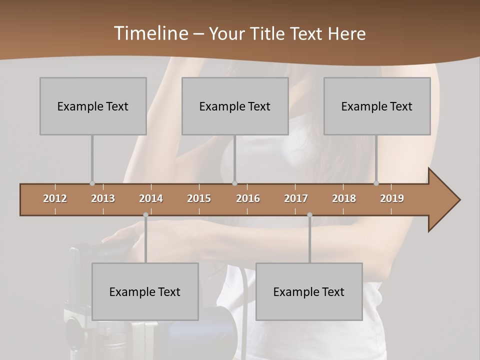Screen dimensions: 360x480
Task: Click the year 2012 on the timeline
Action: coord(55,198)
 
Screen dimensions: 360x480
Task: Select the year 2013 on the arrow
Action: coord(103,198)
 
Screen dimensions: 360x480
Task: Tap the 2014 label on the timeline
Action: coord(151,198)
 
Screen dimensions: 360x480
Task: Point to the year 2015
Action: coord(199,198)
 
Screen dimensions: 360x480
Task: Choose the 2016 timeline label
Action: coord(248,198)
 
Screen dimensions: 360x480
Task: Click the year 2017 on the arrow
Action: coord(296,198)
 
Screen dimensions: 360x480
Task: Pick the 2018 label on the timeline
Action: coord(344,198)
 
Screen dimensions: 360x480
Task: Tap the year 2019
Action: coord(392,198)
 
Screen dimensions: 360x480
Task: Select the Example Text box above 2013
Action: coord(93,106)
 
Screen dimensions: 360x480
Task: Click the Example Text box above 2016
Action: coord(235,106)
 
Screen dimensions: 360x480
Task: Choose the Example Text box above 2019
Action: coord(377,106)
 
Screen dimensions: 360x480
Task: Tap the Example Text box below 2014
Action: coord(145,291)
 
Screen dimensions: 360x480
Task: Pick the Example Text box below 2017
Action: coord(309,291)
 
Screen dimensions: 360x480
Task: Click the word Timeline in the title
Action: coord(150,33)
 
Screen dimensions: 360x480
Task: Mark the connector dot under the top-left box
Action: coord(92,183)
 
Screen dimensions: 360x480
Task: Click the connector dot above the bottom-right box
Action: coord(309,214)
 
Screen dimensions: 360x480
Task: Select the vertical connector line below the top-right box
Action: coord(376,157)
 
